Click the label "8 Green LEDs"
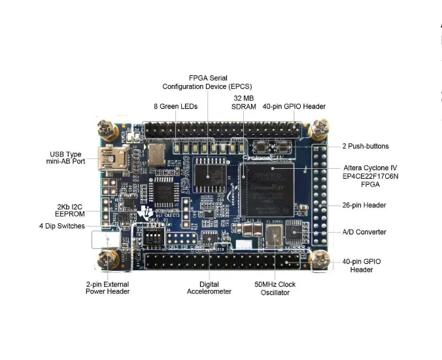pos(176,106)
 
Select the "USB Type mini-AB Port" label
pos(65,158)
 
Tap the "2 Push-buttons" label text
pos(365,146)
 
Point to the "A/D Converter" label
pos(364,232)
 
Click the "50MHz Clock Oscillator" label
pos(275,289)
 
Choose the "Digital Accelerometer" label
pos(209,288)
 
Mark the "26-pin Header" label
pos(364,205)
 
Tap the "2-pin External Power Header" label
pos(107,288)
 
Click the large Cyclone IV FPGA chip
pos(266,190)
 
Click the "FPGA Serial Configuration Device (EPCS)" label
pos(208,82)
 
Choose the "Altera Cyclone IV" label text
pos(370,168)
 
